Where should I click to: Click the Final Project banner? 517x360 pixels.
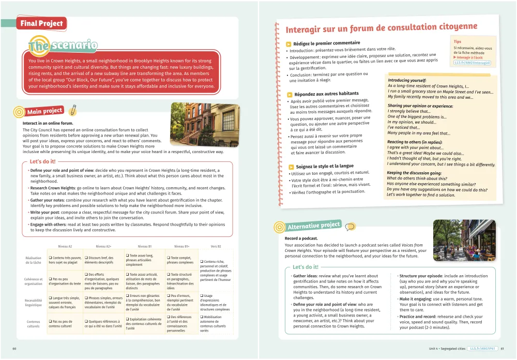(x=41, y=23)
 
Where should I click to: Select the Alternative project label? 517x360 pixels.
(x=314, y=226)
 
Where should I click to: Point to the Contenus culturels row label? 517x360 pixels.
(x=34, y=324)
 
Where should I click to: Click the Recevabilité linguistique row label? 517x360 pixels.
(x=34, y=302)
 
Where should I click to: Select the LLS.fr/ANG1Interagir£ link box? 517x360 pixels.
(x=472, y=63)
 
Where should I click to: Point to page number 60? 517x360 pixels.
(x=14, y=348)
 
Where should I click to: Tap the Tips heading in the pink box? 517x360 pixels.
(x=458, y=41)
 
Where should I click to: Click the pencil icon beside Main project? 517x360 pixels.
(x=73, y=110)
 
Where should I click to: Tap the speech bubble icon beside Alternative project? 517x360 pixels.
(x=350, y=227)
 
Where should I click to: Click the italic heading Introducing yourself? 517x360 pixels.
(x=408, y=80)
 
